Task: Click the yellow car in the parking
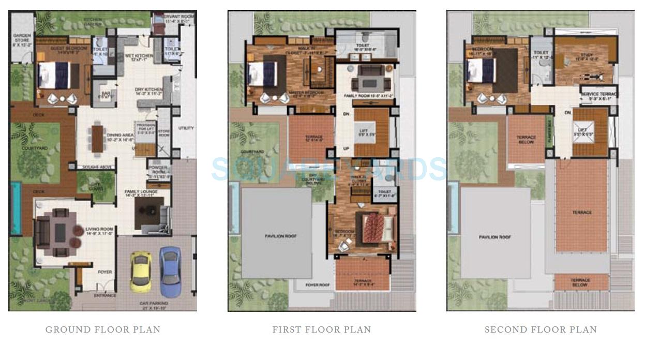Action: pos(140,272)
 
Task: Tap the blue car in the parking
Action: pos(170,271)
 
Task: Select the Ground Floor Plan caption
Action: pos(103,329)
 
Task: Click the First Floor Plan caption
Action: pos(322,329)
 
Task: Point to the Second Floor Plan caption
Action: pos(541,329)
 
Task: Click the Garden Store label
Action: pos(22,39)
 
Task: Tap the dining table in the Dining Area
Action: pos(97,139)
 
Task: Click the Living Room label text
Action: pos(99,231)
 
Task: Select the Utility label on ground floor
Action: pos(186,128)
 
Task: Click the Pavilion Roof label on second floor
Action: pos(495,237)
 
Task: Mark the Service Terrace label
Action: pos(599,96)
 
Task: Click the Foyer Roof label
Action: pos(318,285)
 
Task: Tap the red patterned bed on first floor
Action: pos(373,228)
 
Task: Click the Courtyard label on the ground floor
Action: pos(35,148)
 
